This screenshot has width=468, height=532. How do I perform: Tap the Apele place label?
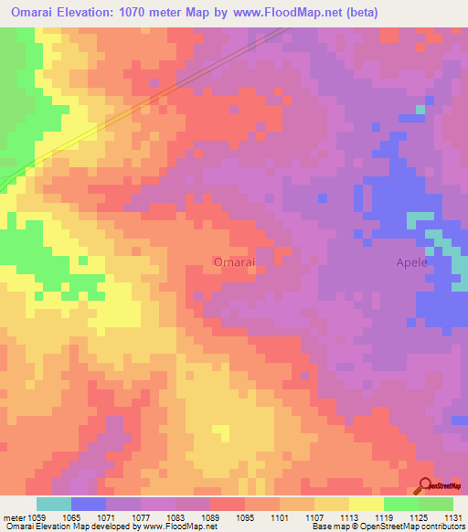[410, 262]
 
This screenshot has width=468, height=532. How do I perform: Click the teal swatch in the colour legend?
[54, 504]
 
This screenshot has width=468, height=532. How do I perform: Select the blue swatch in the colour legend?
[89, 504]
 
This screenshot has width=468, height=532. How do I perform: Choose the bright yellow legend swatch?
[366, 504]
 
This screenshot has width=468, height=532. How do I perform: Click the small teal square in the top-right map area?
[420, 110]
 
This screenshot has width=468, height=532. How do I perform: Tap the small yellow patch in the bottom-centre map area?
[220, 431]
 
